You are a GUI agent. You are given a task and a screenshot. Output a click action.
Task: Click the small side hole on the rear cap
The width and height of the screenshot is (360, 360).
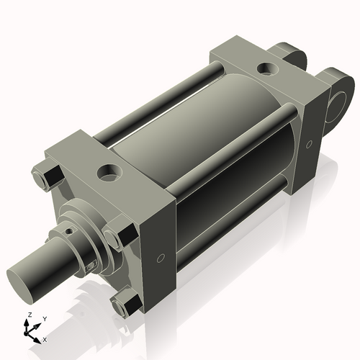[309, 144]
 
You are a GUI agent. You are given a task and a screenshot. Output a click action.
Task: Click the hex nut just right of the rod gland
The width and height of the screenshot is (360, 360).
[115, 237]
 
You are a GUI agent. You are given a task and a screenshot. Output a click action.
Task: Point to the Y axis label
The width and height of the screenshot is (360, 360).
[44, 318]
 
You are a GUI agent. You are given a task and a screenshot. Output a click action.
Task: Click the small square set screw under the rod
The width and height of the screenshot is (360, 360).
[89, 267]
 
